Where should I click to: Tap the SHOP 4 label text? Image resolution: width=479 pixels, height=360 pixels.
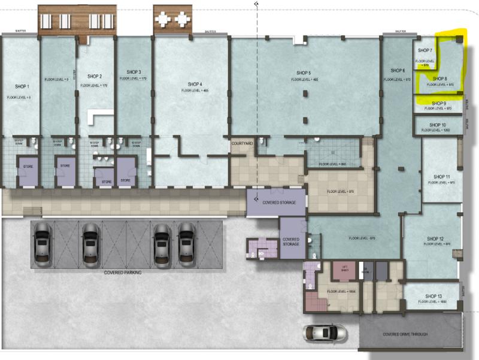[x=195, y=84]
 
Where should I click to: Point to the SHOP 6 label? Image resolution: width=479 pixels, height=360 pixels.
[x=398, y=71]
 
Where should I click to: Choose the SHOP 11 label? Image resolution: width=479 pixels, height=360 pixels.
[x=441, y=177]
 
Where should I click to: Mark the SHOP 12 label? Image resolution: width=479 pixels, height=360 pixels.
[x=435, y=238]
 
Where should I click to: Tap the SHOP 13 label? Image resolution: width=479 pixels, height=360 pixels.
[x=434, y=296]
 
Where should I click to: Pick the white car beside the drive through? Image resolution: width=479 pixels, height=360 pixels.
[x=325, y=332]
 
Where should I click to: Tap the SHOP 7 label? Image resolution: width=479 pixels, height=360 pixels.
[x=425, y=51]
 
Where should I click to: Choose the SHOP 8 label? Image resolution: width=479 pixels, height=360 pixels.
[x=440, y=79]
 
